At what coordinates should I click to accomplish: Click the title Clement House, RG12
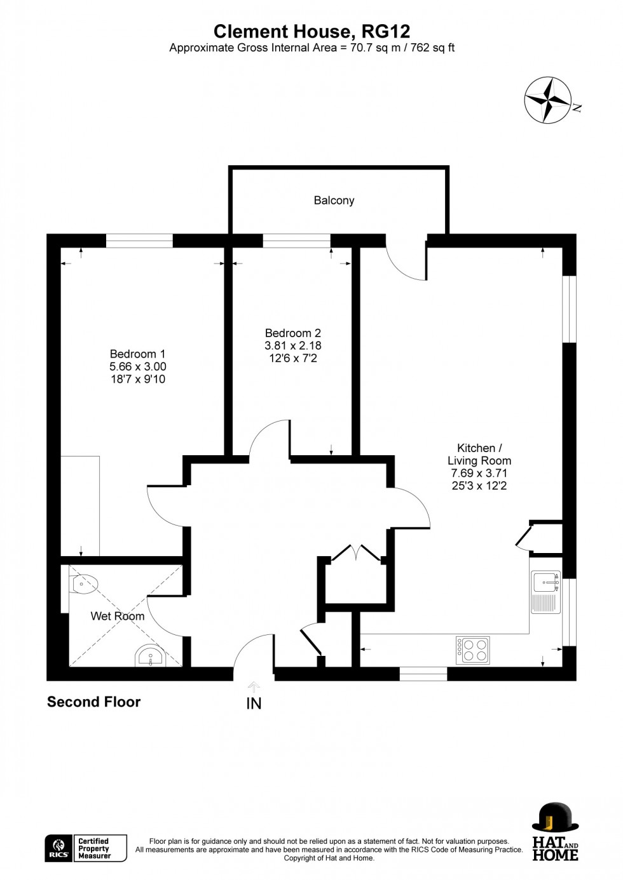[311, 31]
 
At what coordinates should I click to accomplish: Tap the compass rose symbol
[548, 100]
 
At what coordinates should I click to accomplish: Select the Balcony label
[334, 201]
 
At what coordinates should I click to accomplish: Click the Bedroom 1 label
[137, 354]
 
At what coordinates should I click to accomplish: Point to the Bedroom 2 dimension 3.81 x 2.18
[293, 346]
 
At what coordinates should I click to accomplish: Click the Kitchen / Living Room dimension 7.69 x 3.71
[479, 474]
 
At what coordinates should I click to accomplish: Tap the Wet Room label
[118, 616]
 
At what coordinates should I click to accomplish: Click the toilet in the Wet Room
[84, 583]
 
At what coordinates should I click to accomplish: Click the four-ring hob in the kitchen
[472, 650]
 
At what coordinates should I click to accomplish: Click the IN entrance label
[254, 703]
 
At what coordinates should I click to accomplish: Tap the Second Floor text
[93, 702]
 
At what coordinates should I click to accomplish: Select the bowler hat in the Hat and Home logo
[555, 817]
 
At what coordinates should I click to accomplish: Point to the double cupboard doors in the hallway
[356, 553]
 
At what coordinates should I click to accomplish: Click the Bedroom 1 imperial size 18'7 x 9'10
[137, 380]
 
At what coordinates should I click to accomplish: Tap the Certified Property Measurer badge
[101, 848]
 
